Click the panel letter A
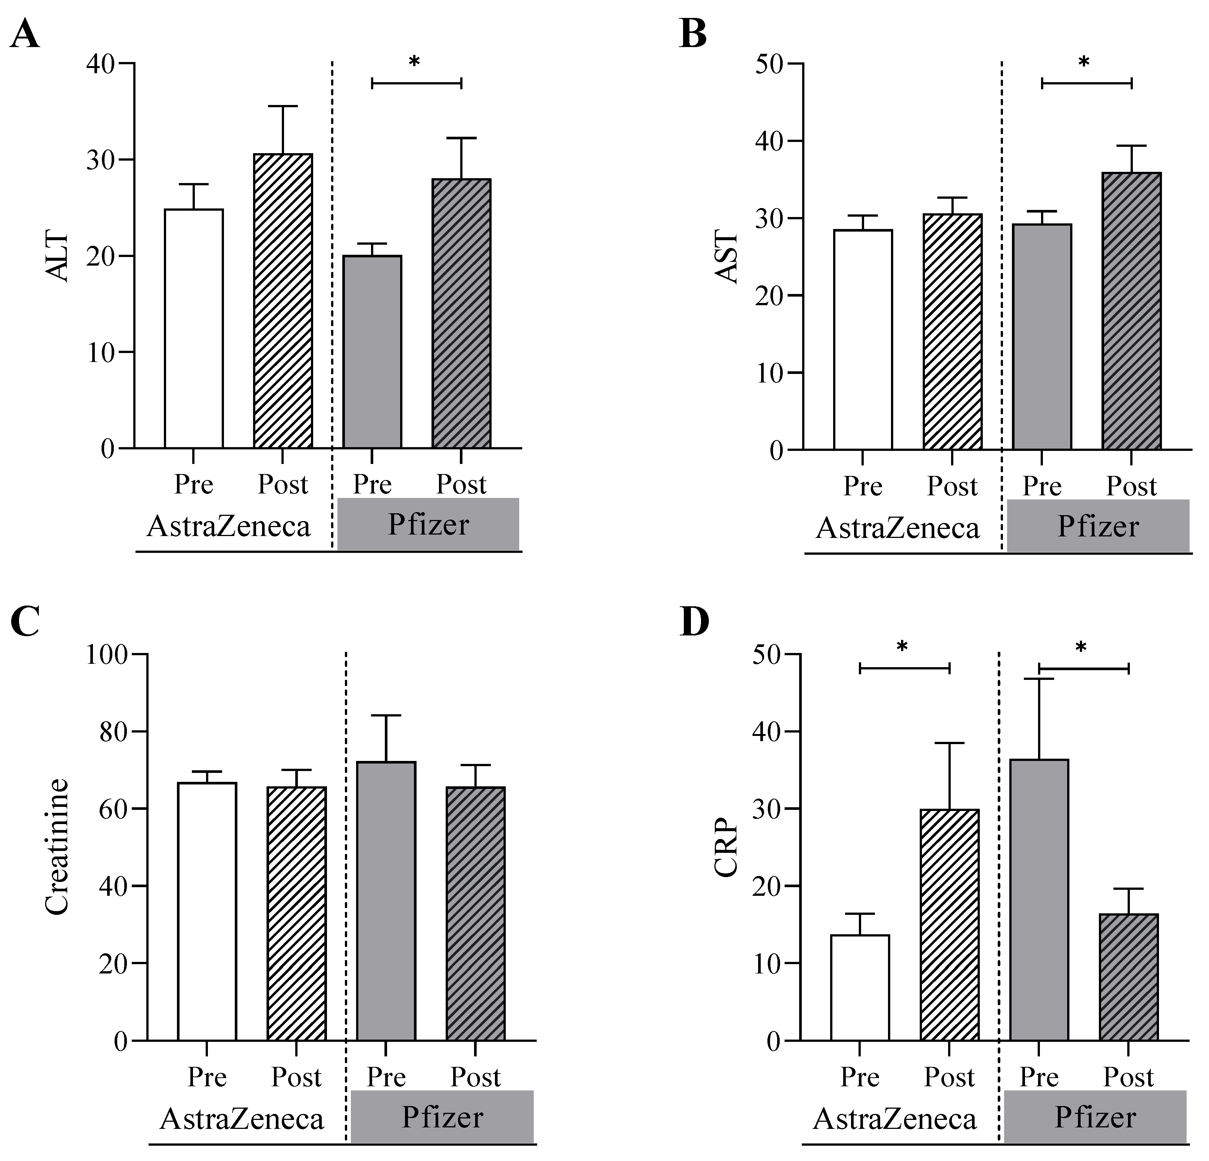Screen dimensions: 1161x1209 tap(25, 34)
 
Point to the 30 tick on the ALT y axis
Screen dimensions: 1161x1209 tap(100, 160)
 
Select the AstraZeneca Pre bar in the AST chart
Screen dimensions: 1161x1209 tap(863, 340)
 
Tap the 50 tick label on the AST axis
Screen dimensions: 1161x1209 tap(770, 64)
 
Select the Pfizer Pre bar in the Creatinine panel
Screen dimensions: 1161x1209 tap(386, 901)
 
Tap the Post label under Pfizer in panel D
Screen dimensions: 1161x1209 tap(1128, 1077)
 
